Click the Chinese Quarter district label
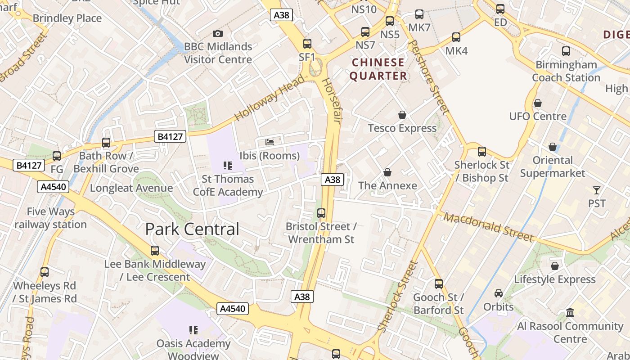378,69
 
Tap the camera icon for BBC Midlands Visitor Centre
218,33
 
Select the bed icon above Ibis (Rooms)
270,142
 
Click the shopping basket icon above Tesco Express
402,115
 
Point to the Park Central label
192,229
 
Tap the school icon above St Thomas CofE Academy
228,166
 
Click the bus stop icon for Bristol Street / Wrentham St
321,213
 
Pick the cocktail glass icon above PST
597,190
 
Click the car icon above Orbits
499,293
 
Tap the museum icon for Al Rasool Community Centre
570,312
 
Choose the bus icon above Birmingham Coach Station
566,51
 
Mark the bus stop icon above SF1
307,44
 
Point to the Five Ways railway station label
50,218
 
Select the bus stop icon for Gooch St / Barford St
439,284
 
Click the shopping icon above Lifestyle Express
555,266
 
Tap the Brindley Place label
67,18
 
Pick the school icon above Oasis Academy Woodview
193,330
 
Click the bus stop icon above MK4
456,37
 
